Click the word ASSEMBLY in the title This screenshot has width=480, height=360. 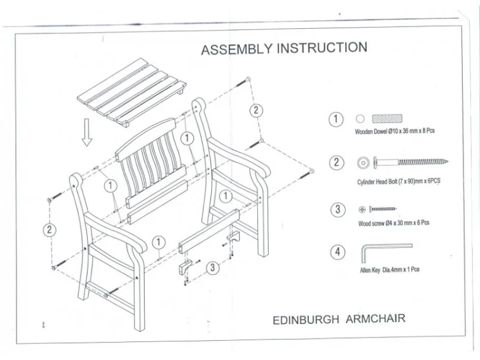[x=237, y=49]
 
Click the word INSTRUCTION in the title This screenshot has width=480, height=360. [x=322, y=48]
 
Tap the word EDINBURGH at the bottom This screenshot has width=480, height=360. [x=306, y=320]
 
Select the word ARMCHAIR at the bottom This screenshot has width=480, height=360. [x=376, y=318]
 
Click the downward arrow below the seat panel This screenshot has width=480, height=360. [x=87, y=133]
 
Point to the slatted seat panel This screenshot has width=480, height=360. [x=132, y=92]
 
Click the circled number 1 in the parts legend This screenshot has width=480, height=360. [x=336, y=120]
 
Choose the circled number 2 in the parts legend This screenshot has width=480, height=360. [x=337, y=163]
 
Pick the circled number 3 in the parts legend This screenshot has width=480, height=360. [x=338, y=209]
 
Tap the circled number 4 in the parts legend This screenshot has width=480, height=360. [x=338, y=252]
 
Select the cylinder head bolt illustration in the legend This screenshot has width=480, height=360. [x=410, y=162]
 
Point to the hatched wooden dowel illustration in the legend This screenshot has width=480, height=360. [x=387, y=119]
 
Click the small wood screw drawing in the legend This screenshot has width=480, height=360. [x=383, y=209]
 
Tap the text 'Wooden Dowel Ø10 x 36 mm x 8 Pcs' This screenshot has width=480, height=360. [x=395, y=131]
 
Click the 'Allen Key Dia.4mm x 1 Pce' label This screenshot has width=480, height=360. [x=390, y=270]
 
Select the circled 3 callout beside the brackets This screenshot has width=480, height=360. [x=212, y=268]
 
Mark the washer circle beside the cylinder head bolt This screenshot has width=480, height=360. [x=363, y=163]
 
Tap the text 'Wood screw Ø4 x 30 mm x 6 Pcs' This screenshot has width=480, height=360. [x=394, y=223]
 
